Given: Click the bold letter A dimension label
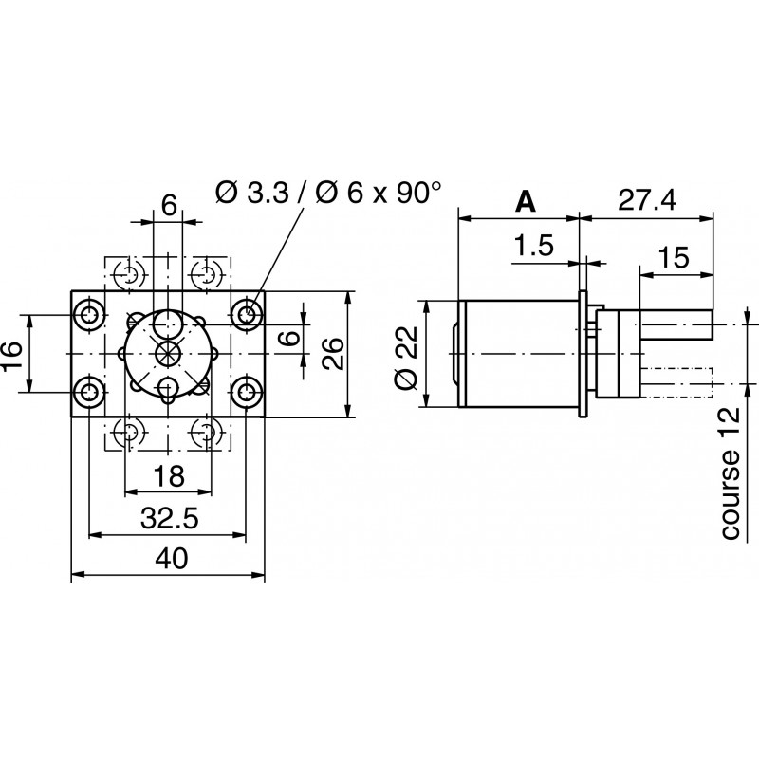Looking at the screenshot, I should pyautogui.click(x=525, y=201).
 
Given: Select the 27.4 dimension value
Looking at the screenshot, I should pyautogui.click(x=647, y=201).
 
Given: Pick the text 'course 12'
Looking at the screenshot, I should pyautogui.click(x=730, y=474).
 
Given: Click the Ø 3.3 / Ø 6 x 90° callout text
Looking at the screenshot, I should pyautogui.click(x=328, y=193).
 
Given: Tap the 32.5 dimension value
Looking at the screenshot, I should pyautogui.click(x=168, y=520).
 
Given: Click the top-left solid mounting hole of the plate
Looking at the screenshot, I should pyautogui.click(x=91, y=314).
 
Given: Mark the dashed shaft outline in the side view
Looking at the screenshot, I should pyautogui.click(x=677, y=383).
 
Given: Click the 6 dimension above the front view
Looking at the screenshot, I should pyautogui.click(x=169, y=205).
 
